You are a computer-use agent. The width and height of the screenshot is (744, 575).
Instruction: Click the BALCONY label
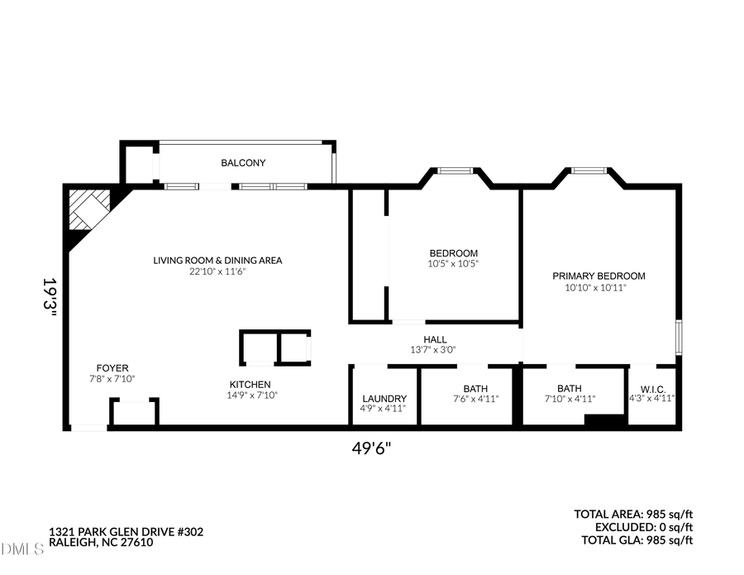(x=243, y=163)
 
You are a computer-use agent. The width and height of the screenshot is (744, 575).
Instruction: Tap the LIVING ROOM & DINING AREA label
(x=217, y=261)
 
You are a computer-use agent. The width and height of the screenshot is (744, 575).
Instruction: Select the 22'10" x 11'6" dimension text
(x=217, y=271)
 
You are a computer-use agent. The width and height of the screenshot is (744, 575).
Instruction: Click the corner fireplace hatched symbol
(x=88, y=208)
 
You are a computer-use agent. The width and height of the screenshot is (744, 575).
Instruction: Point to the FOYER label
(x=112, y=368)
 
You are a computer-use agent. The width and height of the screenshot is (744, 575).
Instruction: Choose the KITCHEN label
(x=250, y=384)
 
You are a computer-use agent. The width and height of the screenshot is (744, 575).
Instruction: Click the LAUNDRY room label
(x=384, y=398)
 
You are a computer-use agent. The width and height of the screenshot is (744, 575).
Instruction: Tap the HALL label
(x=435, y=339)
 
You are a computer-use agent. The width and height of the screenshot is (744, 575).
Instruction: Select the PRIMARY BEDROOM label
(x=599, y=276)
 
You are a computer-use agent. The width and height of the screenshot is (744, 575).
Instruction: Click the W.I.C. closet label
(x=652, y=388)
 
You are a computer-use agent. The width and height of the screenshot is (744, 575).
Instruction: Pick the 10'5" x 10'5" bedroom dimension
(x=453, y=264)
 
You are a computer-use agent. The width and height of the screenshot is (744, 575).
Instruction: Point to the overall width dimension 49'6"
(x=371, y=448)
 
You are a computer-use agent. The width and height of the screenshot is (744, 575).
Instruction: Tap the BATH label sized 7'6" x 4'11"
(x=475, y=389)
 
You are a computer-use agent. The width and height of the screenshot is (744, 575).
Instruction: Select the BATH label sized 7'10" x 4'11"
(x=569, y=388)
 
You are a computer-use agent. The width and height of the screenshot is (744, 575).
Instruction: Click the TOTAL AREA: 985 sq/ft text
(x=633, y=514)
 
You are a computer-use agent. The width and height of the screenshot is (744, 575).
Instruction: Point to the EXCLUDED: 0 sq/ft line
(x=643, y=527)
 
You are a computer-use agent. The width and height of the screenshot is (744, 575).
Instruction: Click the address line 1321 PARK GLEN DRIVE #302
(x=126, y=531)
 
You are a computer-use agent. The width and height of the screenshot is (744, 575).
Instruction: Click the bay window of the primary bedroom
(x=589, y=170)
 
